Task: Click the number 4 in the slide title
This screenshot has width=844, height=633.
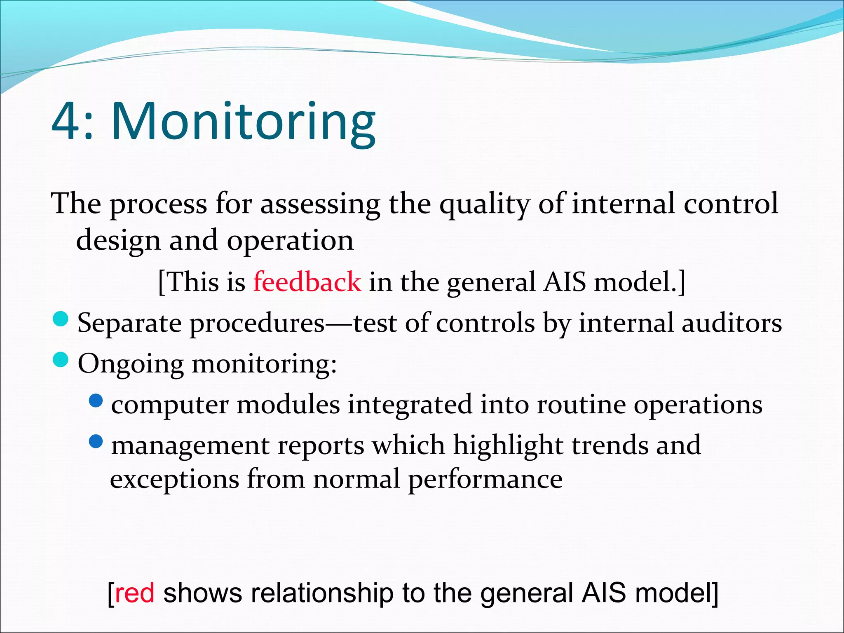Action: pyautogui.click(x=66, y=122)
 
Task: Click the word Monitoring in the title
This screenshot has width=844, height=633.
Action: pyautogui.click(x=243, y=122)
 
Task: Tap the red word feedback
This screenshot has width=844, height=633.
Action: pyautogui.click(x=307, y=282)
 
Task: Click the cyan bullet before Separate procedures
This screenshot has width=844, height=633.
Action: pyautogui.click(x=61, y=319)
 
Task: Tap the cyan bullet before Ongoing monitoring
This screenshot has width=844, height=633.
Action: pyautogui.click(x=61, y=359)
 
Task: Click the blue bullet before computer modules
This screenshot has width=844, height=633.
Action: pyautogui.click(x=96, y=400)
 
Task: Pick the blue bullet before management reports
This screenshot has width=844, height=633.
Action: pyautogui.click(x=96, y=441)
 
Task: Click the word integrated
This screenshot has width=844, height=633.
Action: pyautogui.click(x=410, y=404)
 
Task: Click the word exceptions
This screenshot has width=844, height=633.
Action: pyautogui.click(x=174, y=480)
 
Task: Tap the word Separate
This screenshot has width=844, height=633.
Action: pyautogui.click(x=129, y=324)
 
